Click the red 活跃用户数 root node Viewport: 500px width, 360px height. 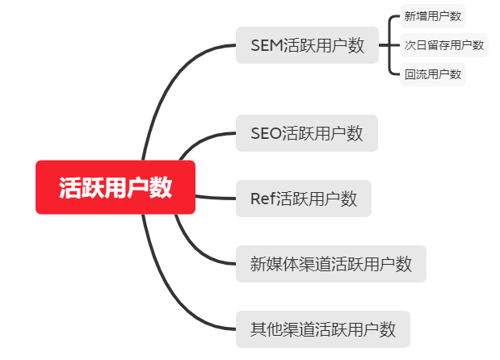pyautogui.click(x=116, y=187)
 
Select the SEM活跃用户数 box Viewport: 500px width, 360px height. pyautogui.click(x=307, y=45)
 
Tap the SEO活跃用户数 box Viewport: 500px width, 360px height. pyautogui.click(x=306, y=133)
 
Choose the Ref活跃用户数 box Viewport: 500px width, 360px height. pyautogui.click(x=303, y=199)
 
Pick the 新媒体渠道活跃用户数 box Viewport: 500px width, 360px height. pyautogui.click(x=331, y=264)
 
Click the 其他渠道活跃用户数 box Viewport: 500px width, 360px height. pyautogui.click(x=323, y=329)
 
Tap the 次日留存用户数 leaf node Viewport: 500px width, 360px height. pyautogui.click(x=444, y=45)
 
